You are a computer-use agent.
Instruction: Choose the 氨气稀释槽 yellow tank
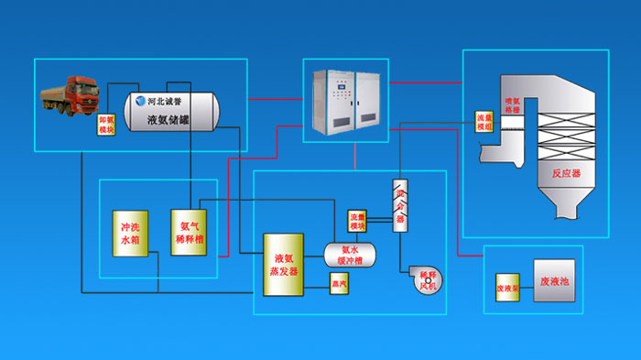[x=186, y=232]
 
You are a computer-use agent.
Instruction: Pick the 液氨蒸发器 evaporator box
[x=283, y=265]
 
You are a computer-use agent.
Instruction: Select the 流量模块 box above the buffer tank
[x=357, y=221]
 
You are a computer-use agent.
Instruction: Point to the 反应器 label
[x=554, y=171]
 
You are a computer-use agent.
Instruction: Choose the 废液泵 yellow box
[x=508, y=285]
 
